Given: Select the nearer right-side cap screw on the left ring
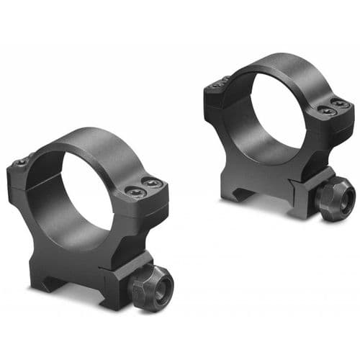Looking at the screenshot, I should coord(136,194).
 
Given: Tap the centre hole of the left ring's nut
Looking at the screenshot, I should coord(160,282).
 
